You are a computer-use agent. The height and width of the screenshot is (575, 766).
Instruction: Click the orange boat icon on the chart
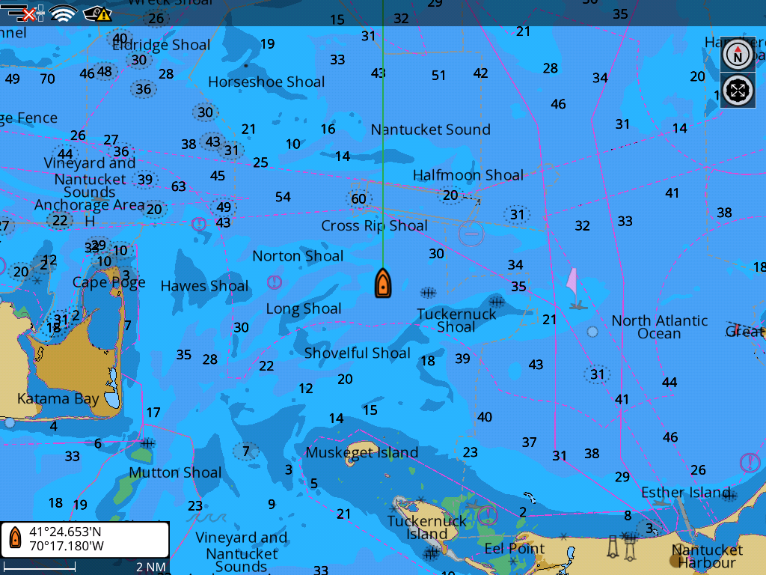tap(382, 284)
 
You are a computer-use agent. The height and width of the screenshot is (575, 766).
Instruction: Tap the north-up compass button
tap(738, 55)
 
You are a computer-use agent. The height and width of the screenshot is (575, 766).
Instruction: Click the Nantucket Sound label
tap(430, 130)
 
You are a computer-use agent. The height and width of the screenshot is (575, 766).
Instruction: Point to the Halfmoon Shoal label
tap(468, 175)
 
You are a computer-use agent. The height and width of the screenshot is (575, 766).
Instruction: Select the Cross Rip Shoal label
tap(374, 225)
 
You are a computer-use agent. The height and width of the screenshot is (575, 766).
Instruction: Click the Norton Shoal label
tap(298, 256)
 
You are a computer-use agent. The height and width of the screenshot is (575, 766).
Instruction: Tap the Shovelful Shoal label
tap(357, 353)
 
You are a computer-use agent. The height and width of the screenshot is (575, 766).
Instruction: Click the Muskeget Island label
tap(361, 452)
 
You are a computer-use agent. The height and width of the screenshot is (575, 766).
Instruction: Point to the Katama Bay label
tap(58, 398)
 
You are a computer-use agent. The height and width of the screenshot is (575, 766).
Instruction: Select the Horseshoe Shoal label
tap(266, 82)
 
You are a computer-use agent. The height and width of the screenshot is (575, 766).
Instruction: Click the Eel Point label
tap(515, 548)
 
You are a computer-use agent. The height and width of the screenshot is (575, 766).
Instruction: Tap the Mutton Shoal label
tap(175, 472)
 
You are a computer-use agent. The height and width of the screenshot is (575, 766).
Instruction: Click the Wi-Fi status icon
tap(64, 13)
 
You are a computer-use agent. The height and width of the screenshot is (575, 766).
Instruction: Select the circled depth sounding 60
tap(358, 198)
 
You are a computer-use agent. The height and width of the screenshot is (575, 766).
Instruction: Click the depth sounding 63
tap(178, 186)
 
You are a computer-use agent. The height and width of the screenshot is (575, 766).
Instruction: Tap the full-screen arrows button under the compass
tap(738, 91)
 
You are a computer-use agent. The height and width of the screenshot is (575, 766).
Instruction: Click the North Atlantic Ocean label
tap(659, 327)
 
